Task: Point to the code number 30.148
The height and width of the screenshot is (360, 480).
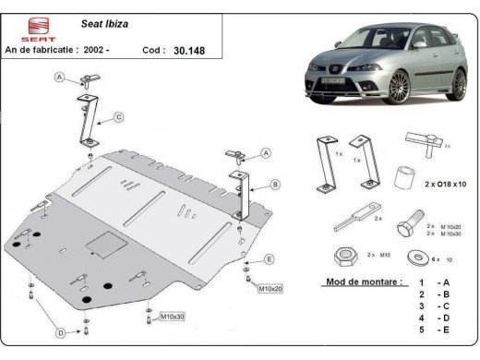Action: point(190,53)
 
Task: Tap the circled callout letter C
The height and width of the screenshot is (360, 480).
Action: point(119,117)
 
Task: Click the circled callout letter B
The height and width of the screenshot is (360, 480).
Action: point(276,185)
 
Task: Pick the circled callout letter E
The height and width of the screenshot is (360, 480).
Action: point(269,259)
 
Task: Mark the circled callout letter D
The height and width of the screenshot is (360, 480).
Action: point(60,332)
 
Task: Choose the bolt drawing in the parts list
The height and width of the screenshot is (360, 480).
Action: point(405,227)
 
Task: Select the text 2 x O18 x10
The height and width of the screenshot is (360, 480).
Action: point(447,185)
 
